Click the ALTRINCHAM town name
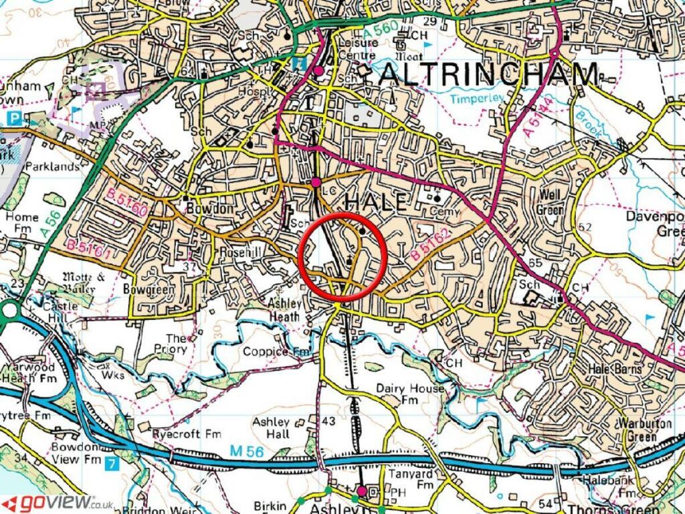coord(488,74)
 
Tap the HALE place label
coord(375,201)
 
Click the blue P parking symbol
coord(14,118)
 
